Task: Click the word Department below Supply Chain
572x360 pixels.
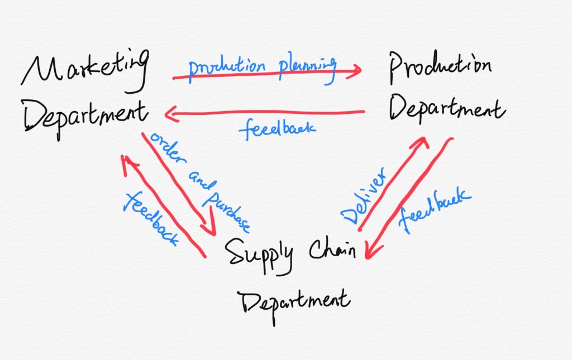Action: (294, 302)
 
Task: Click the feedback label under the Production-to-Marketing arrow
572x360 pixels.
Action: (278, 129)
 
